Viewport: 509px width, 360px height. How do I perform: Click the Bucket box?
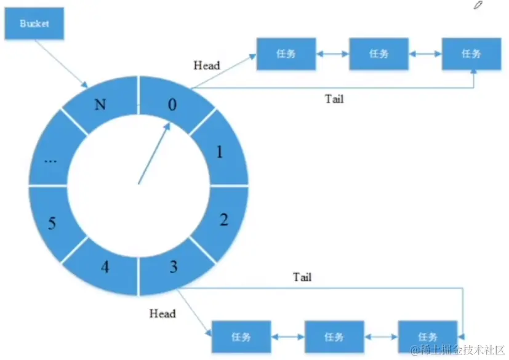34,25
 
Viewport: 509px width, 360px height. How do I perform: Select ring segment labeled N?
99,104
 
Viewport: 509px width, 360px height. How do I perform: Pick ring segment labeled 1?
220,150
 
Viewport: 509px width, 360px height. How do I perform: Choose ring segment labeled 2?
223,220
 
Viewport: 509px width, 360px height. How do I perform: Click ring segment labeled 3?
174,266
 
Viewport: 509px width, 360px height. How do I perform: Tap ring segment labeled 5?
52,222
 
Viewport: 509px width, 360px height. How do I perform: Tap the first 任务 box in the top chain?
286,54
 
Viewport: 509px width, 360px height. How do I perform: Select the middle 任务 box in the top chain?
379,54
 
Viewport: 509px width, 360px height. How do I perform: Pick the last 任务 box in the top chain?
471,54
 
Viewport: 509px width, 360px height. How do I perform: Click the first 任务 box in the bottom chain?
241,337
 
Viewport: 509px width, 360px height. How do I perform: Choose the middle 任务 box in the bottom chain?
334,337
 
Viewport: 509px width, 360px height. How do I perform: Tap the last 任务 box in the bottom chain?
427,337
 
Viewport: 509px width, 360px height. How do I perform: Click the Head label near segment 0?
207,65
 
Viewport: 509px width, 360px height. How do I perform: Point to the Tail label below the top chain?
334,98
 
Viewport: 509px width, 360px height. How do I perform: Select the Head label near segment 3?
162,314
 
